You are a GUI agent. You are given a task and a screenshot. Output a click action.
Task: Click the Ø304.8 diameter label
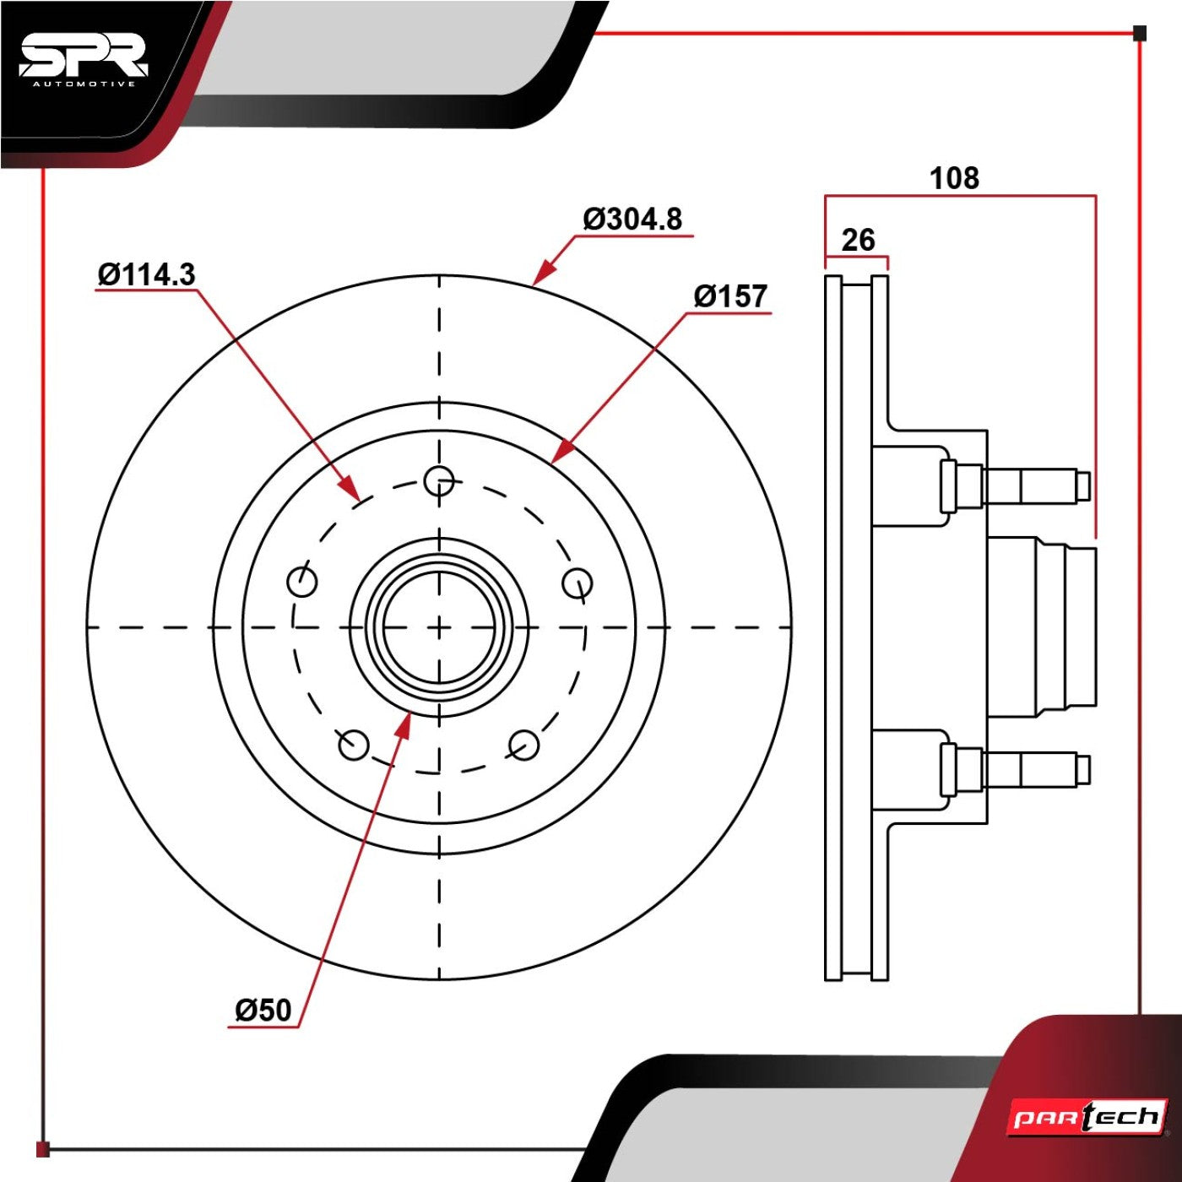[x=632, y=219]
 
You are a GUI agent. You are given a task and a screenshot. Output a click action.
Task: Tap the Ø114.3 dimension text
[x=147, y=274]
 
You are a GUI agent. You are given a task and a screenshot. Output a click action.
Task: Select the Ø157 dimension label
[x=730, y=296]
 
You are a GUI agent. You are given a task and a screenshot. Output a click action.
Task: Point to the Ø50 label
[x=263, y=1010]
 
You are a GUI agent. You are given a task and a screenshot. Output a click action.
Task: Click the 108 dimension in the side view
[x=955, y=178]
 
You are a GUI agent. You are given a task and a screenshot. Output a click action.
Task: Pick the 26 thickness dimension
[x=858, y=240]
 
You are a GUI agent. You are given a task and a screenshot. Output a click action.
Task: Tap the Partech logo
[x=1088, y=1118]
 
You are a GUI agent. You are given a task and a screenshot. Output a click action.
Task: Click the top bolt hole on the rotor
[x=439, y=480]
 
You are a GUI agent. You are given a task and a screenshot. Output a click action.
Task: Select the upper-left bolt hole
[x=302, y=581]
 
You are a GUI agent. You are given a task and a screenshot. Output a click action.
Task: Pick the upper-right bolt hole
[x=577, y=582]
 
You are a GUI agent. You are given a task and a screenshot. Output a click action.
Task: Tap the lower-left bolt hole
[x=353, y=745]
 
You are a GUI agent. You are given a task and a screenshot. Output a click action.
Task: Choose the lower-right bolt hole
[x=524, y=745]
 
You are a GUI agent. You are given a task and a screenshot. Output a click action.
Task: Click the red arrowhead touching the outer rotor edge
[x=543, y=273]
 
